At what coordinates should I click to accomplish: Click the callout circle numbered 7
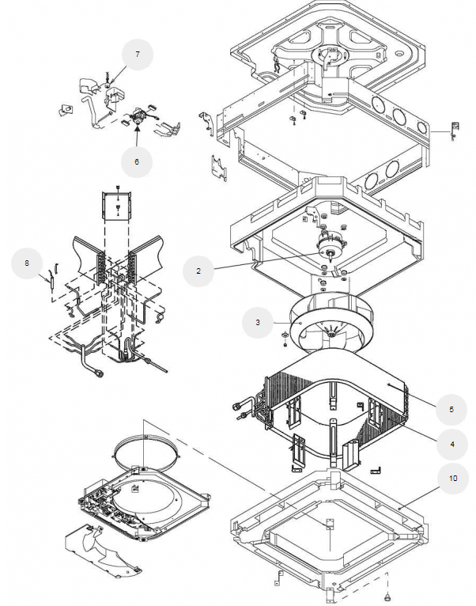coord(138,55)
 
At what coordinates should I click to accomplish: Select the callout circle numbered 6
coord(137,162)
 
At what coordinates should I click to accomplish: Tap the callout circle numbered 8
coord(27,263)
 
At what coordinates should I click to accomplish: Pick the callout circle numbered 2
coord(198,271)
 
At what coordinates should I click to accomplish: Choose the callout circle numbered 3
coord(258,322)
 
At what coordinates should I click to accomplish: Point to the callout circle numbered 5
coord(451,409)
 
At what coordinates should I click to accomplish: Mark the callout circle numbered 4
coord(452,444)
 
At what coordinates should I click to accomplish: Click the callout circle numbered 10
coord(453,478)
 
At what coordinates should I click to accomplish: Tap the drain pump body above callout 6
coord(138,116)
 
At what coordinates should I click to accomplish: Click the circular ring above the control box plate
coord(147,436)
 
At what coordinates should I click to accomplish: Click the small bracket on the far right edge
coord(455,131)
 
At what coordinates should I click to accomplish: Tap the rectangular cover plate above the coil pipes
coord(117,206)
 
